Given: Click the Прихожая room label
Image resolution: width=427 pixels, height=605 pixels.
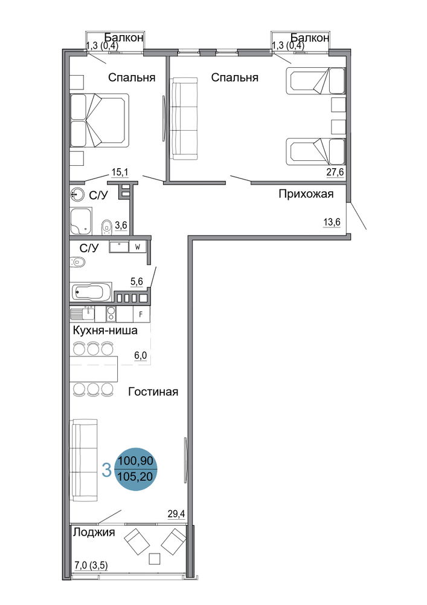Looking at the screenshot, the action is tap(306, 194).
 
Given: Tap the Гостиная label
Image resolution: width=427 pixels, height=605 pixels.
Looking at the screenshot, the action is tap(153, 392).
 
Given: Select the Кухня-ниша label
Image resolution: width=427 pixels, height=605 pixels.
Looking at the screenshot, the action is tap(105, 331).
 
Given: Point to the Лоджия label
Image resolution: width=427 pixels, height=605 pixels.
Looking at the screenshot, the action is tap(94, 532).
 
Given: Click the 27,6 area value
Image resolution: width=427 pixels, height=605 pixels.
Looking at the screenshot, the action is tap(335, 172).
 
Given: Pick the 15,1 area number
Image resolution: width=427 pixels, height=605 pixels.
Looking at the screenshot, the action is tap(120, 172).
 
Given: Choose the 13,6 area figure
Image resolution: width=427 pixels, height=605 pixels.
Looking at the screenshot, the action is tap(332, 223).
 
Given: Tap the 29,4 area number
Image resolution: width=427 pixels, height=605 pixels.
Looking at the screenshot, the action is tap(176, 514).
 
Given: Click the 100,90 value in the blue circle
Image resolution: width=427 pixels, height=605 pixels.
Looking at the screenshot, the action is tap(135, 460).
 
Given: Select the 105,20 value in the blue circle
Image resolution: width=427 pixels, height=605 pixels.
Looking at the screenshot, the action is tap(135, 477).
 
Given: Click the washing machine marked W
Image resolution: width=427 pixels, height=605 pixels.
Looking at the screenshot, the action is tap(138, 247).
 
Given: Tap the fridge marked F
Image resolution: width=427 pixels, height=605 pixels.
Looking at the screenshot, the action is tap(141, 315).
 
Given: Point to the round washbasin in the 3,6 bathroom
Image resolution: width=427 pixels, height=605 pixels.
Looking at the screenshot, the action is tap(77, 194).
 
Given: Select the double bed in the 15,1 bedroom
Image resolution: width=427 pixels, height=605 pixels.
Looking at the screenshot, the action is tap(99, 120).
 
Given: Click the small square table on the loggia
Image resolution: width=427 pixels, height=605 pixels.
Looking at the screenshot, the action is tap(155, 558).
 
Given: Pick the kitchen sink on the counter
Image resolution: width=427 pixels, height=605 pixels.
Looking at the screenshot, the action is tap(82, 314).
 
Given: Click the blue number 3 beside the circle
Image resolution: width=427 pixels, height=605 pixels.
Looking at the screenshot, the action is tap(106, 470).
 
